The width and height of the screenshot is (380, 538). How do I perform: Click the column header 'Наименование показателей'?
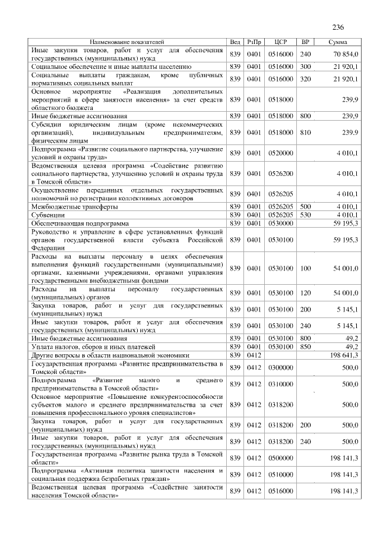click(126, 43)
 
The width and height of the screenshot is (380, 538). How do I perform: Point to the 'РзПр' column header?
click(254, 43)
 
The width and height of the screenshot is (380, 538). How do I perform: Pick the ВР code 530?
click(306, 214)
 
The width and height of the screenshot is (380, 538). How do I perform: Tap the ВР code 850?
click(306, 345)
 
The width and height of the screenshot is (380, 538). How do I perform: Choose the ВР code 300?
click(306, 67)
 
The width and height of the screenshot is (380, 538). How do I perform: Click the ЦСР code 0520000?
click(281, 153)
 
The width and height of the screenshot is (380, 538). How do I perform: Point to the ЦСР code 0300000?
click(281, 368)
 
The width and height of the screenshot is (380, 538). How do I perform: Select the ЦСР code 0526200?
click(281, 173)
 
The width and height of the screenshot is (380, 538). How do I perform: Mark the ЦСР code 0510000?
click(281, 474)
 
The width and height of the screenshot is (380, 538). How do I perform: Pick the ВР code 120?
click(306, 292)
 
